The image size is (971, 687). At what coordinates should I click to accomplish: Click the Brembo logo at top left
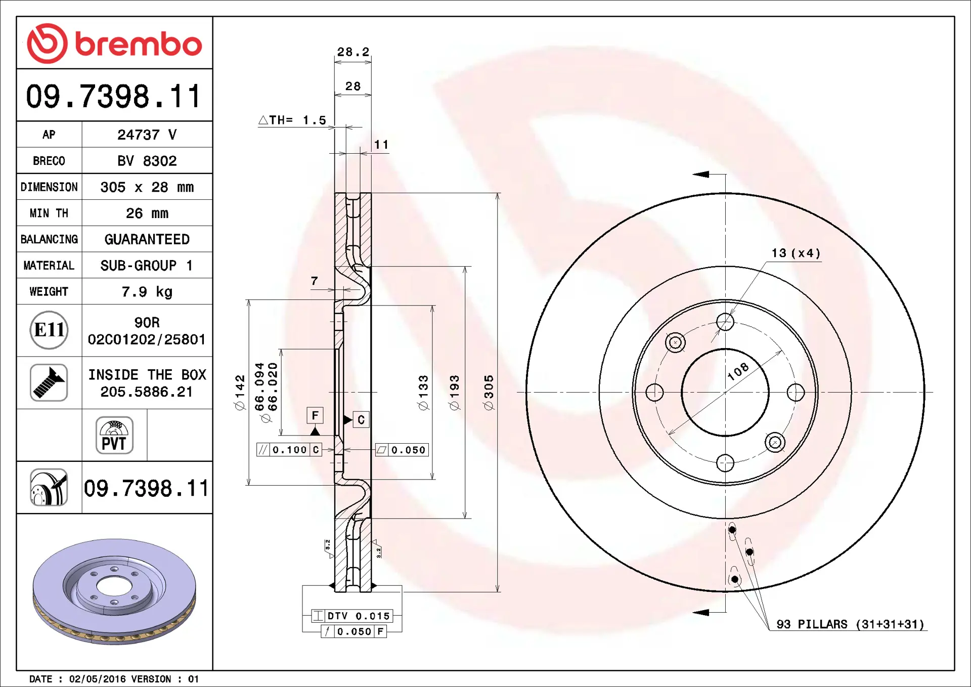point(114,44)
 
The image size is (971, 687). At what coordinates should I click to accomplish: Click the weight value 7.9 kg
point(147,292)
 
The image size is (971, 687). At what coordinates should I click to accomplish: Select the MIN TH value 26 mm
point(147,213)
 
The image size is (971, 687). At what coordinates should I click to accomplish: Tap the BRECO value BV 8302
point(147,161)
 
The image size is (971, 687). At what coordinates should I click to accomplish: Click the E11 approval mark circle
point(49,330)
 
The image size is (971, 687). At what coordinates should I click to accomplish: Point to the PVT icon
point(114,435)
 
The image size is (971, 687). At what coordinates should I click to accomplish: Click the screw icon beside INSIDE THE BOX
point(49,382)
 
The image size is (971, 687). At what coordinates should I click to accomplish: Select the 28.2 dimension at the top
point(353,52)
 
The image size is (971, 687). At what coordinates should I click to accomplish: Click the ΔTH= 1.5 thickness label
point(292,120)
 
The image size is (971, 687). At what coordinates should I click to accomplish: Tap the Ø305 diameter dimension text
point(489,393)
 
